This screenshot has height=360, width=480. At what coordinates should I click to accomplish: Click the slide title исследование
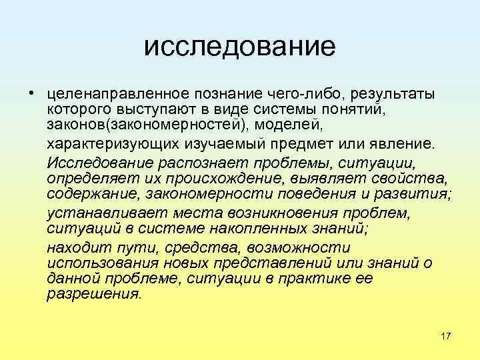[239, 46]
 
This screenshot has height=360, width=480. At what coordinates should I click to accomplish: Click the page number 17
[446, 335]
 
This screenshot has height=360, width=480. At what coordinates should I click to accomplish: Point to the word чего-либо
[301, 93]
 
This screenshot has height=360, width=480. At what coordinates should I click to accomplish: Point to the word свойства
[413, 178]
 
